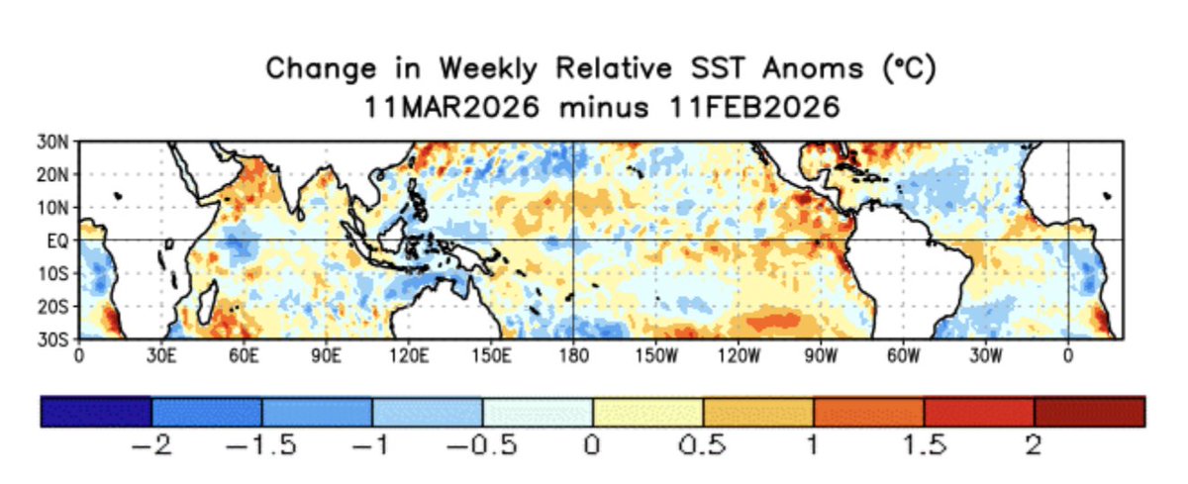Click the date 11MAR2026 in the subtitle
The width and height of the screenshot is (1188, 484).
pyautogui.click(x=449, y=106)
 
